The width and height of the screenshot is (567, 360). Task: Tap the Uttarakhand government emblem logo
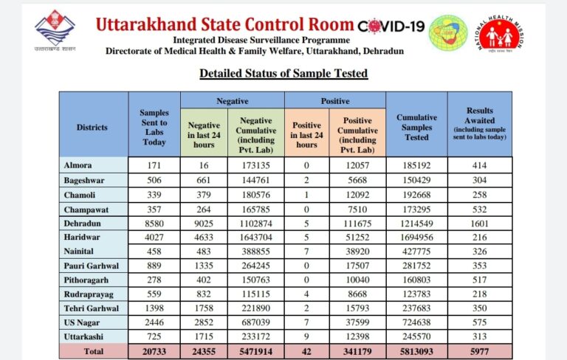coord(55,30)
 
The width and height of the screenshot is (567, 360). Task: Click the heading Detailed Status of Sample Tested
coord(283,73)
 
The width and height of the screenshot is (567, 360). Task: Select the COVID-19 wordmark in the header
coord(391,26)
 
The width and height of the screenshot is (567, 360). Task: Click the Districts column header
coord(92,127)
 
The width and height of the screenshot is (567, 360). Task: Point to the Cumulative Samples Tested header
coord(416,127)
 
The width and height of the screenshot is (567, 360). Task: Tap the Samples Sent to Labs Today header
coord(154,127)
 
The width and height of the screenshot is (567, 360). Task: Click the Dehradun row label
coord(83,224)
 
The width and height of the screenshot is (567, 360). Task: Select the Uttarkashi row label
coord(83,336)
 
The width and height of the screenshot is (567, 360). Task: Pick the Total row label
coord(94,351)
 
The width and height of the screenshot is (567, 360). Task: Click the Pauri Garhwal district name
coord(91,266)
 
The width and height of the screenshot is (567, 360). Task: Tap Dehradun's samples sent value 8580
coord(154,224)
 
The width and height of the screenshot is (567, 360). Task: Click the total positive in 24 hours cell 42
coord(306,351)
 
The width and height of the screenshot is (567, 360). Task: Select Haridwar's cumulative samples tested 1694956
coord(416,238)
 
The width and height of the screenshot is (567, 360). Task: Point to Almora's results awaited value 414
coord(479,165)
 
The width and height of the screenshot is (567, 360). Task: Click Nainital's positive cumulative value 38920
coord(357,252)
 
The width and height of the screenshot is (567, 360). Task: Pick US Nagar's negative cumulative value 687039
coord(255,322)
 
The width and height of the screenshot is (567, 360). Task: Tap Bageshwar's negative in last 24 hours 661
coord(204,180)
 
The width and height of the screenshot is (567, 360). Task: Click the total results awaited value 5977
coord(479,351)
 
